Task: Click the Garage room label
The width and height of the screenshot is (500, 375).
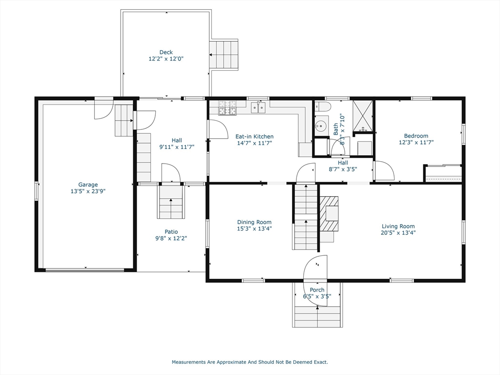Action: [x=88, y=185]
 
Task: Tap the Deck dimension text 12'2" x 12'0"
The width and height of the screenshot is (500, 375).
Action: [x=166, y=59]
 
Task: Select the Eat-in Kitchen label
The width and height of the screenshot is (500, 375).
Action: [x=254, y=137]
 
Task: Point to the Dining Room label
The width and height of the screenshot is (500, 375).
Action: [x=254, y=222]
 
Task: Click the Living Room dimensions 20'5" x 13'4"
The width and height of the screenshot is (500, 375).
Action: [x=398, y=232]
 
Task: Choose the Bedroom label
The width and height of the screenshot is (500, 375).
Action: [x=416, y=136]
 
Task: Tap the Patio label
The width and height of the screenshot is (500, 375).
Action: [x=171, y=232]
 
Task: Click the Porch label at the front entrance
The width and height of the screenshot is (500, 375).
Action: [x=317, y=290]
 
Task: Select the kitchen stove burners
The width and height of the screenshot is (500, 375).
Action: [x=228, y=108]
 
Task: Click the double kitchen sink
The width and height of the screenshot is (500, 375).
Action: [x=258, y=107]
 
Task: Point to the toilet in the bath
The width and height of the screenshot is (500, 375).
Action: [x=321, y=106]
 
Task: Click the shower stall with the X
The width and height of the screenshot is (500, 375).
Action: [x=363, y=116]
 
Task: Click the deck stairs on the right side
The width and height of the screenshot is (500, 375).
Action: [x=224, y=54]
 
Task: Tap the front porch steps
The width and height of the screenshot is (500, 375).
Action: [x=317, y=316]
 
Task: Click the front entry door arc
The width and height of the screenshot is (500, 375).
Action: [x=315, y=281]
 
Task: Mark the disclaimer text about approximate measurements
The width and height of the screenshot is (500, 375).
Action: [x=250, y=362]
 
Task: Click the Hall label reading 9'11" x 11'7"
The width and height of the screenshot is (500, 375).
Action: [x=177, y=144]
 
